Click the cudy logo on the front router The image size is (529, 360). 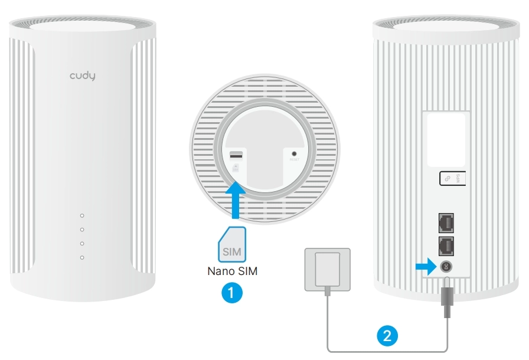pyautogui.click(x=82, y=76)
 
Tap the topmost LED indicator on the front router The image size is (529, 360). pyautogui.click(x=82, y=216)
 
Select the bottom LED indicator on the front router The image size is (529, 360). pyautogui.click(x=82, y=257)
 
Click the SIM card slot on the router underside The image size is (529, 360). pyautogui.click(x=236, y=156)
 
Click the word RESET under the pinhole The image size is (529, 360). pyautogui.click(x=293, y=159)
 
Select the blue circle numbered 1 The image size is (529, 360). pyautogui.click(x=231, y=292)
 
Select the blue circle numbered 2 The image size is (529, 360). pyautogui.click(x=387, y=336)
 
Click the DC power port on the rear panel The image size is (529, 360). pyautogui.click(x=446, y=267)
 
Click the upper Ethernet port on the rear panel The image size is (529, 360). pyautogui.click(x=445, y=221)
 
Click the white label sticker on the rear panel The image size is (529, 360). pyautogui.click(x=445, y=139)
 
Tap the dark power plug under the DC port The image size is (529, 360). pyautogui.click(x=446, y=298)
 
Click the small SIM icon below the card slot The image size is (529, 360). pyautogui.click(x=236, y=168)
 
